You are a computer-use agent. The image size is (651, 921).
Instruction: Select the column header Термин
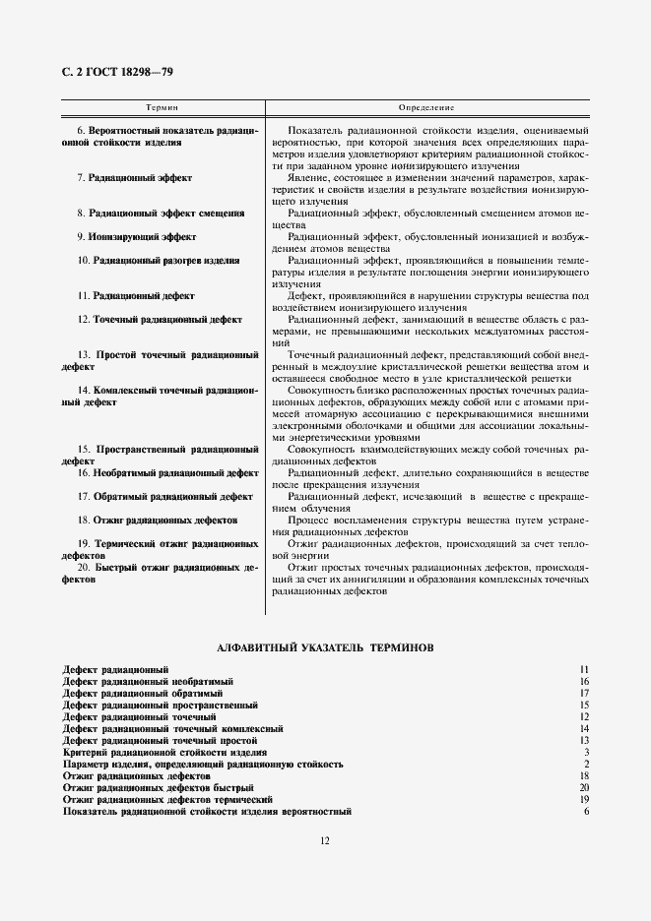point(162,105)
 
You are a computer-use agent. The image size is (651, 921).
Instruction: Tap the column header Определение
point(425,105)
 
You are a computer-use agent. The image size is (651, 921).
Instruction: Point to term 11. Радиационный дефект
point(135,295)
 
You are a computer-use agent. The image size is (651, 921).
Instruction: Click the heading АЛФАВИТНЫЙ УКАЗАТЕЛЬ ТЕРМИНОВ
point(325,647)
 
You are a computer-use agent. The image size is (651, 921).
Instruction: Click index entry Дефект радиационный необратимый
point(148,681)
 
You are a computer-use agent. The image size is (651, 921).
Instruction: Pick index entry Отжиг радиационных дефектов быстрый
point(158,787)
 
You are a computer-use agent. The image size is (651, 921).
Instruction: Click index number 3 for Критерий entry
point(585,752)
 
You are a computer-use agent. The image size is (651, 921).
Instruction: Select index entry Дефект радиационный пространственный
point(160,705)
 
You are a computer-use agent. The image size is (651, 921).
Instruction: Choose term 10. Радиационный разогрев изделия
point(158,260)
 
